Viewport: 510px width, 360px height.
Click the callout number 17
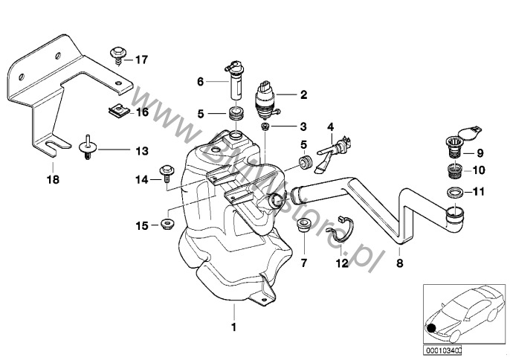141,59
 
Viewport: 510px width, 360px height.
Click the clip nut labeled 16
114,112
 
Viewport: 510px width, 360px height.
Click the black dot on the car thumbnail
433,327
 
